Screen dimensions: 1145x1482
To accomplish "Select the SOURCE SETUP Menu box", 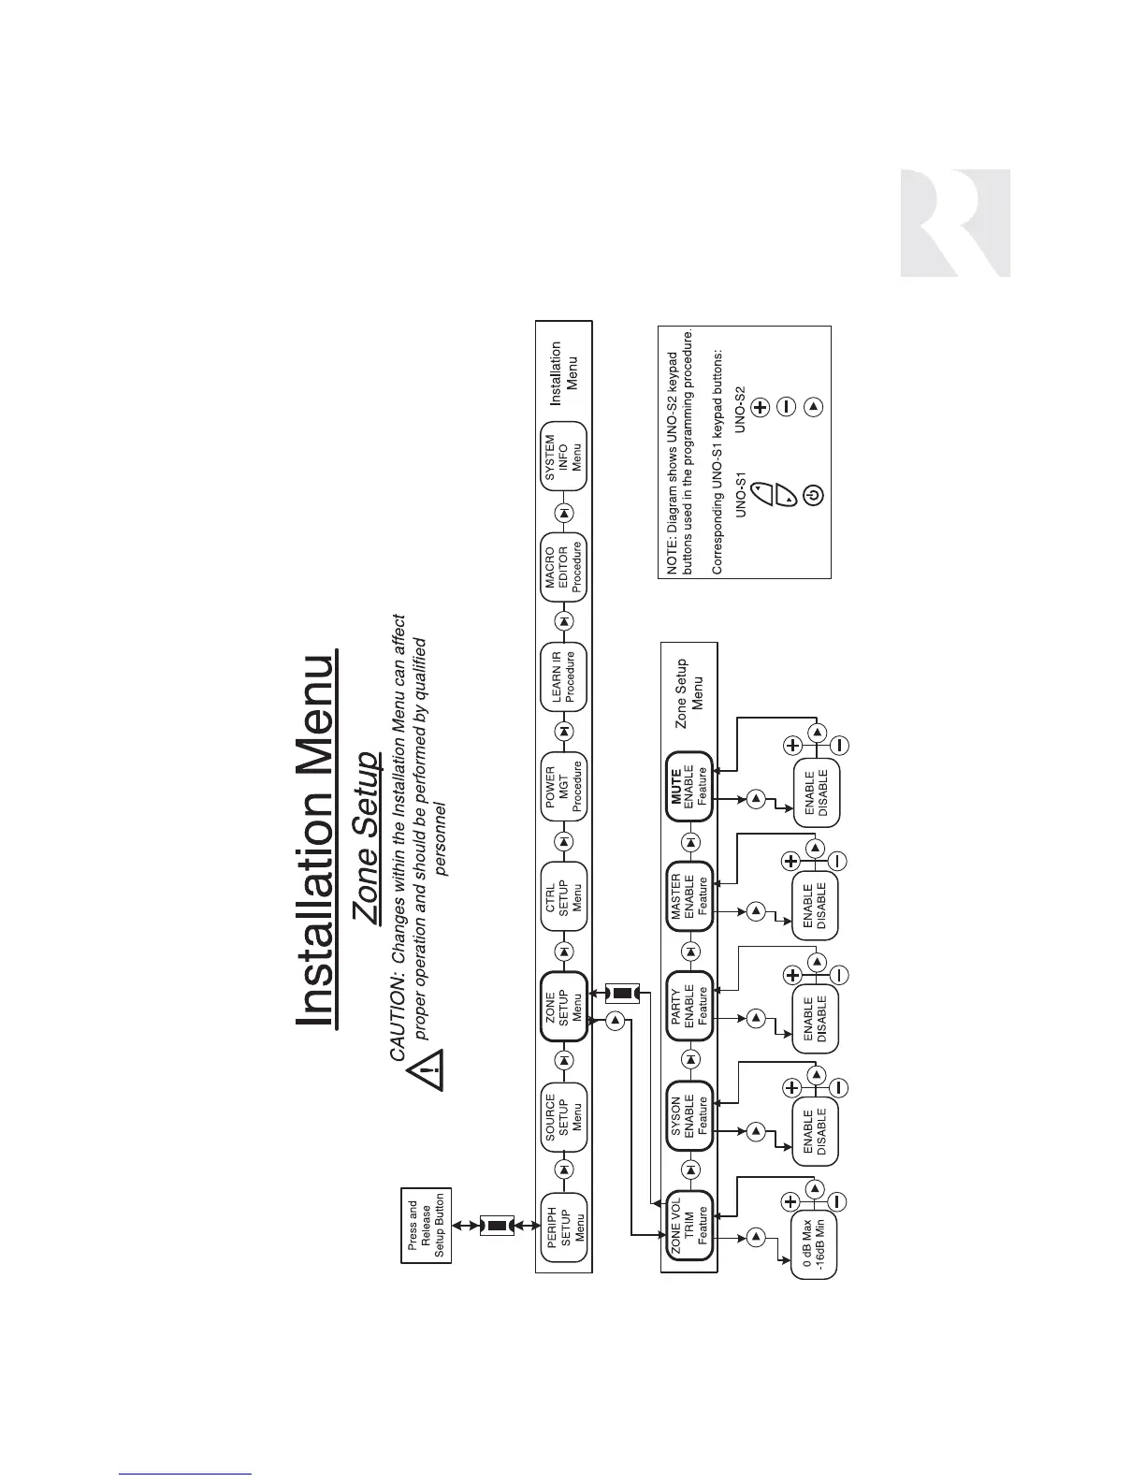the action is coord(564,1115).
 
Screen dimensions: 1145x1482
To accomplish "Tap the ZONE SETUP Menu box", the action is coord(564,1006).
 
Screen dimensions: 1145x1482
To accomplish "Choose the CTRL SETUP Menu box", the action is coord(564,895).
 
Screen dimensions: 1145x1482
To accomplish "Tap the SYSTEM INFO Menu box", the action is coord(564,456).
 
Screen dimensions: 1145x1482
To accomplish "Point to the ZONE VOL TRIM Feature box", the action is coord(689,1228).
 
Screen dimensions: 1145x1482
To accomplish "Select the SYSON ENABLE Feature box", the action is coord(689,1116).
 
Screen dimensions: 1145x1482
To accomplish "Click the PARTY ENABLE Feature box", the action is coord(689,1006).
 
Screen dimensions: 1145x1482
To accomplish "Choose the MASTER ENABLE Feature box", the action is coord(689,896).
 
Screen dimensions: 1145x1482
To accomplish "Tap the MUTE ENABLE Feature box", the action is coord(689,787).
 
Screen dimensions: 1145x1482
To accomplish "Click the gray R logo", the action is coord(954,223).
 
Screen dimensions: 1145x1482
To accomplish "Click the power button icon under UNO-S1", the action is coord(813,496).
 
